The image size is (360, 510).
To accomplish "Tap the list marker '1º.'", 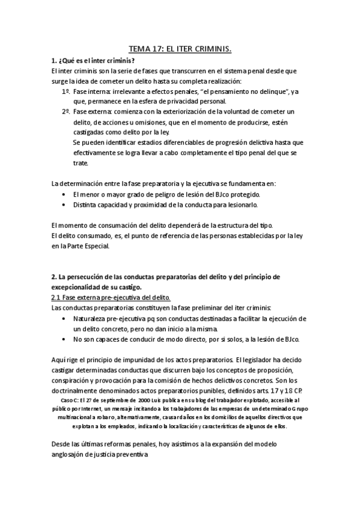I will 66,92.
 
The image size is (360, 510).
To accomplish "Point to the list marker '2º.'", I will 66,112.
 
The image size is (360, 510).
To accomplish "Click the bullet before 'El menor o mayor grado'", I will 65,194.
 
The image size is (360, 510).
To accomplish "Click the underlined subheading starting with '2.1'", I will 111,297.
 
